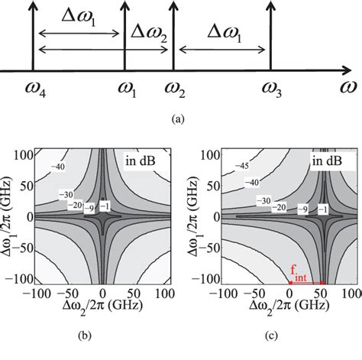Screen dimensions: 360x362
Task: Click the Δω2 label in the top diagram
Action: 148,32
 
